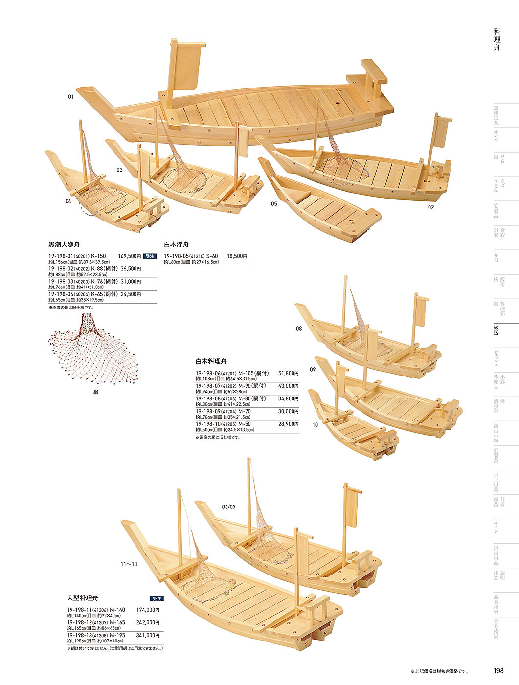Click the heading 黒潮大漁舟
(x=64, y=244)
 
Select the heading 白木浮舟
(x=176, y=244)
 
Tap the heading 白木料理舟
(x=211, y=361)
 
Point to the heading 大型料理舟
(x=83, y=598)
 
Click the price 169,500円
(x=129, y=256)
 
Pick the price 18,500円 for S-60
(x=237, y=256)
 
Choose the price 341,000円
(x=148, y=635)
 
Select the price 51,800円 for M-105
(x=288, y=373)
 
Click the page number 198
(x=498, y=671)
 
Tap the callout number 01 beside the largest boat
(x=71, y=97)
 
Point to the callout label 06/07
(x=228, y=507)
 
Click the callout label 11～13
(x=129, y=564)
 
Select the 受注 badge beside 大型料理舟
(x=157, y=598)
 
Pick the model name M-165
(x=117, y=622)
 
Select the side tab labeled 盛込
(x=496, y=331)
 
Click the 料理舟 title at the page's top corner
(x=497, y=40)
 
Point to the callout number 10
(x=315, y=424)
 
